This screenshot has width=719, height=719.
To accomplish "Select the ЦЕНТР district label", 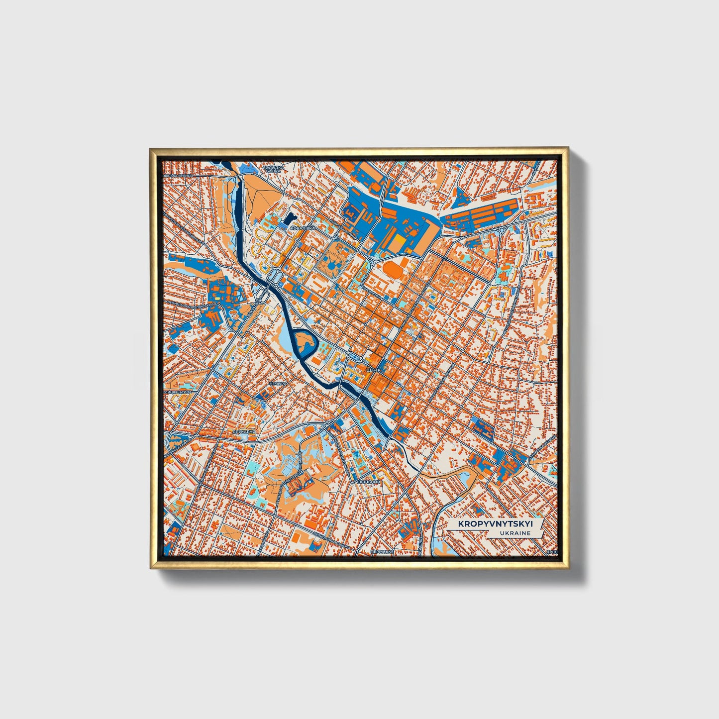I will (373, 371).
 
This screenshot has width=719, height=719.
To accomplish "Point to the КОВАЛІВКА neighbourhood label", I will (303, 228).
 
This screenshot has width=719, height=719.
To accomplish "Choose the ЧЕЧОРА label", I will (278, 384).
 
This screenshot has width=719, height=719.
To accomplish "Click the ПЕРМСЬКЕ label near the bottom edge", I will (382, 552).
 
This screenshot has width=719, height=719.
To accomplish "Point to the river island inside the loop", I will (304, 342).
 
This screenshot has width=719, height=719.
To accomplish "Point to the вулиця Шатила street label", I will (178, 392).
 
